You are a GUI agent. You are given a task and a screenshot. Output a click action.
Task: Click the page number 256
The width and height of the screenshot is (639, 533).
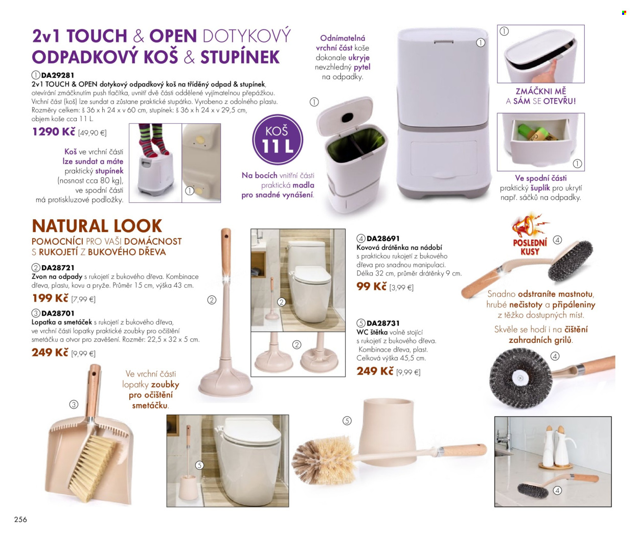coord(20,519)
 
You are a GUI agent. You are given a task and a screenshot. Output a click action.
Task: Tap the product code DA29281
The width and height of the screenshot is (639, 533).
coord(58,75)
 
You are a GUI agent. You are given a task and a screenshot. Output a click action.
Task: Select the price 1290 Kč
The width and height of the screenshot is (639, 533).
coord(54,131)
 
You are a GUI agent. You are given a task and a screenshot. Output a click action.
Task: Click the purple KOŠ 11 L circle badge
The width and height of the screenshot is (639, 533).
coord(278,140)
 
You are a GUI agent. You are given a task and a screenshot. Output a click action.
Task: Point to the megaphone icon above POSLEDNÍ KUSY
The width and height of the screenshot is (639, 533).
coord(527,225)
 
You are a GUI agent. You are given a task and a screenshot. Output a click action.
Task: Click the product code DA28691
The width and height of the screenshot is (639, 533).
coord(382,238)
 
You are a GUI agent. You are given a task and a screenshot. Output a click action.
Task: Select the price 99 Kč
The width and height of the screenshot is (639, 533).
coord(372,286)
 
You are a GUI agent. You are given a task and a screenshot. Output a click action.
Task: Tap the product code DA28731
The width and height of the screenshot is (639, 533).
coord(382,323)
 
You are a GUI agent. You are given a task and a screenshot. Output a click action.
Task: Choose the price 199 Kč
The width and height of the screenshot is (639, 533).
coord(50,298)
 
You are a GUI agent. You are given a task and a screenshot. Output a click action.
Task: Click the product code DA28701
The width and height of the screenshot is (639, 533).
coord(58,313)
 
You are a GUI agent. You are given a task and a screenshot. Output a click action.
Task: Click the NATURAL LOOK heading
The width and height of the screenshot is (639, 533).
coord(97,226)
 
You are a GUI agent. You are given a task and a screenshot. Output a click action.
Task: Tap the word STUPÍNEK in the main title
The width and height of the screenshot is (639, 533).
coord(240,57)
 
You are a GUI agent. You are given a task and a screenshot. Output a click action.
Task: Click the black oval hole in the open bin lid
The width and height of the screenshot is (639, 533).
coord(347,117)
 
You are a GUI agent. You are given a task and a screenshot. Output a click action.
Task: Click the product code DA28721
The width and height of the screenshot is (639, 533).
coord(58,268)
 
